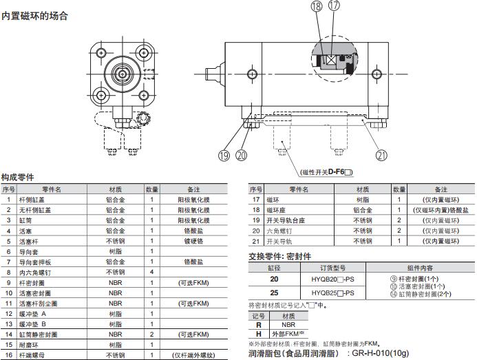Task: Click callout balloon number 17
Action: pos(334,6)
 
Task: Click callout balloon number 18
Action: pos(317,6)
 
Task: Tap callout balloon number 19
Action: pos(224,156)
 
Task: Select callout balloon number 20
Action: pos(242,156)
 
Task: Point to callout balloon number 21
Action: pos(382,156)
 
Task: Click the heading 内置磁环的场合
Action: pos(34,16)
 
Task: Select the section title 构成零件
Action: pos(18,177)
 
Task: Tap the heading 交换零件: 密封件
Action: pos(280,256)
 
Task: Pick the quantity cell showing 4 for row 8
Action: pos(152,272)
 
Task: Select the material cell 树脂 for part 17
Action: pos(363,200)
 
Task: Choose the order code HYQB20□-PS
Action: pos(333,279)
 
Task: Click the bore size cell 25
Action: pos(274,293)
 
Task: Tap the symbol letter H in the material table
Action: pos(259,334)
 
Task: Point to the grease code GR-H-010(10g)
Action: pos(380,353)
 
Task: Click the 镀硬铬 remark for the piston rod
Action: pos(194,241)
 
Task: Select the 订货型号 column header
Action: pos(333,268)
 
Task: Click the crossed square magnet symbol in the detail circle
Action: pos(331,61)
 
